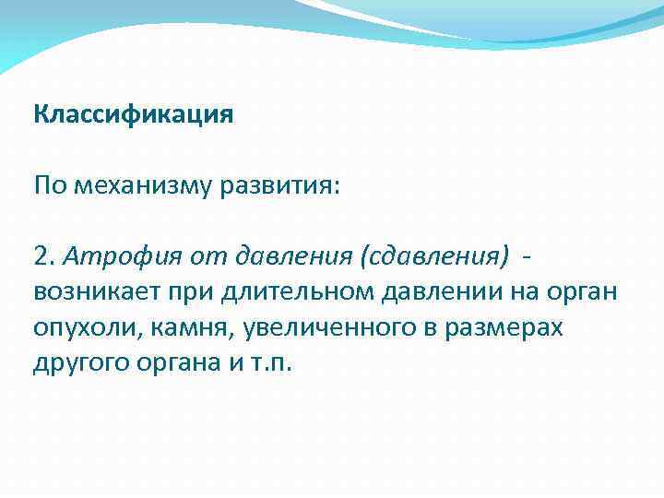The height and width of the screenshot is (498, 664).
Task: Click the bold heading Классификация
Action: (x=134, y=115)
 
